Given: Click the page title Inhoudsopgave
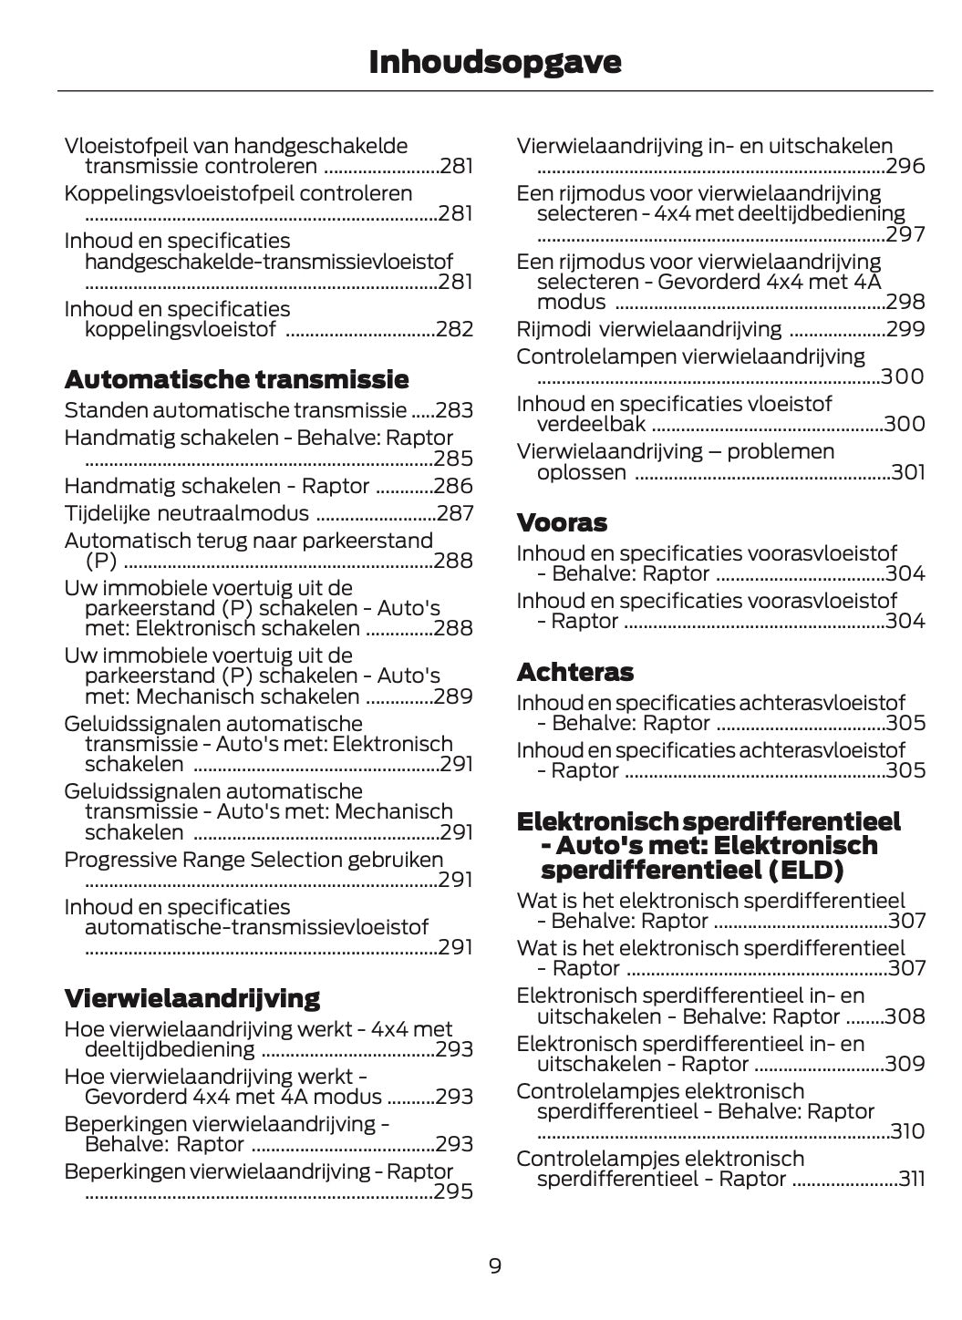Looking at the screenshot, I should [494, 62].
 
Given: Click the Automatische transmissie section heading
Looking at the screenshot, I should [236, 379].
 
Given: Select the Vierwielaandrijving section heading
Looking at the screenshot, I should [191, 998].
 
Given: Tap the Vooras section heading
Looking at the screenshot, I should [561, 522].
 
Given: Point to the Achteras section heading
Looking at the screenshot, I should [574, 672].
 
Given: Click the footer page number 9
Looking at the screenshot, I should [494, 1266].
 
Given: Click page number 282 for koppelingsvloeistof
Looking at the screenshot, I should [454, 329].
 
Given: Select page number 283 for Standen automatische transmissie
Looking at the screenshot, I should [454, 410].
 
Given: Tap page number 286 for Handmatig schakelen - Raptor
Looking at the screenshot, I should [454, 486].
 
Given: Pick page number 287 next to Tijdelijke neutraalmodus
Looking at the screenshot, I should [455, 513].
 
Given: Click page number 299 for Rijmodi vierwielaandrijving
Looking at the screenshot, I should [905, 329].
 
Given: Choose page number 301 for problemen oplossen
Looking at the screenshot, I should [907, 472].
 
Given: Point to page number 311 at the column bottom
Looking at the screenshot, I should [911, 1179].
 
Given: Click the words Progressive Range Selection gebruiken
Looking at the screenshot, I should [253, 860].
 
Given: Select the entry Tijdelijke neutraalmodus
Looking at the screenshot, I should [186, 513].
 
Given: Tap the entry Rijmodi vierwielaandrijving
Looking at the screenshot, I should [648, 329].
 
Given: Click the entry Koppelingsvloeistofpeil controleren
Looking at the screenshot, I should [238, 193].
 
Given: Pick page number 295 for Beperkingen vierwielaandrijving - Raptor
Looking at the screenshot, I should [453, 1191].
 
